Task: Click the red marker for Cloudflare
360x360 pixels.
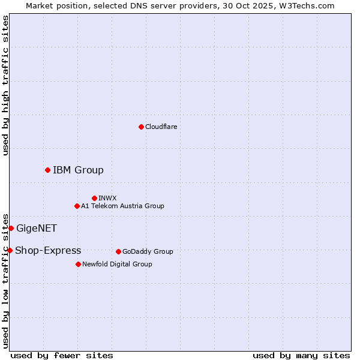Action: click(141, 127)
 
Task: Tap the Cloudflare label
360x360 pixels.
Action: click(161, 127)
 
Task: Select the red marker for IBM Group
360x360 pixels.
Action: click(47, 170)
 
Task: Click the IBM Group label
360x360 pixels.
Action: click(78, 170)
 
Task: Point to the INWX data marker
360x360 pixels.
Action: click(94, 198)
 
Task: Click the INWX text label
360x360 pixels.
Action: click(107, 198)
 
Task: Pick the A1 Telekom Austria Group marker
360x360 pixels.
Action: click(77, 206)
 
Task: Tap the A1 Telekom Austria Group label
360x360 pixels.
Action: click(122, 206)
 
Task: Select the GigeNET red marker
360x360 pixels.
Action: click(11, 228)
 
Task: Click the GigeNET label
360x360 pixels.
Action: click(37, 228)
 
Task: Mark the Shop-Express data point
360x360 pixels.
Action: click(10, 250)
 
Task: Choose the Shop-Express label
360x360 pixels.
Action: click(48, 250)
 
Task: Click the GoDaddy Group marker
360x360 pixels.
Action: click(118, 251)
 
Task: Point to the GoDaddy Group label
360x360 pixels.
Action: click(148, 251)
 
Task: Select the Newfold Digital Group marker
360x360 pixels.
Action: click(78, 264)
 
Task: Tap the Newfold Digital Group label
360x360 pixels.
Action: click(117, 264)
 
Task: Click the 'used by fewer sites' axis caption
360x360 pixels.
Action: click(62, 355)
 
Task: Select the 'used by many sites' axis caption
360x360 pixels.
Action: click(301, 355)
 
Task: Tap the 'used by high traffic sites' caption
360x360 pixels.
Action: click(5, 85)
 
